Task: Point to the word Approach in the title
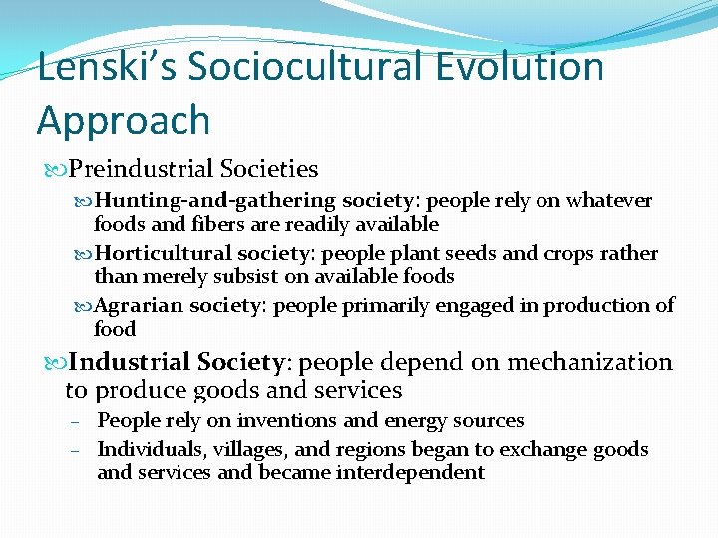point(124,121)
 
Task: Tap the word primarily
point(382,305)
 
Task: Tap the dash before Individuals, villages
point(75,451)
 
